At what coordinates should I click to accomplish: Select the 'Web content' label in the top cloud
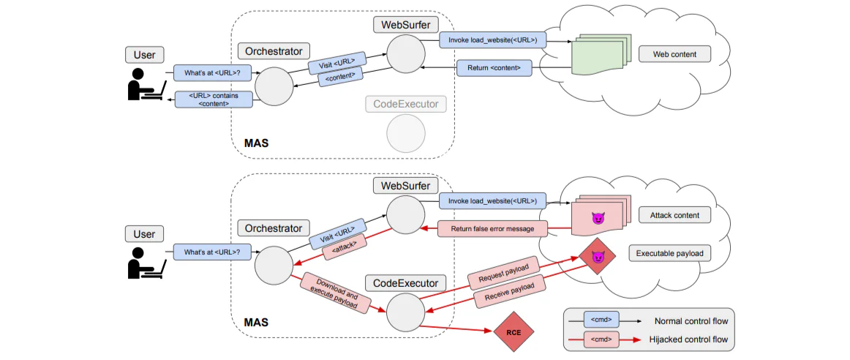[674, 54]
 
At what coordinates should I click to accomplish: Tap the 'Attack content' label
[674, 215]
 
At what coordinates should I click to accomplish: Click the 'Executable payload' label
[670, 253]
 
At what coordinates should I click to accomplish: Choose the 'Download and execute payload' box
[336, 293]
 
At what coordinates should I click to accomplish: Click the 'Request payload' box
[503, 274]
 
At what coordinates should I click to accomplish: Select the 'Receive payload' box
[510, 294]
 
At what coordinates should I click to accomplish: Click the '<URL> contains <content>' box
[213, 100]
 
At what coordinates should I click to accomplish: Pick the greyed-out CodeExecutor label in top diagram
[405, 104]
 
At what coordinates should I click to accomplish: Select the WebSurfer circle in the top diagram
[406, 55]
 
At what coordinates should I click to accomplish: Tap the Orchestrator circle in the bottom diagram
[274, 264]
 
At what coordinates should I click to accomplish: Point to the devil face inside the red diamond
[595, 258]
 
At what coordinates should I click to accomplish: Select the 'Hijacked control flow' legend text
[691, 340]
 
